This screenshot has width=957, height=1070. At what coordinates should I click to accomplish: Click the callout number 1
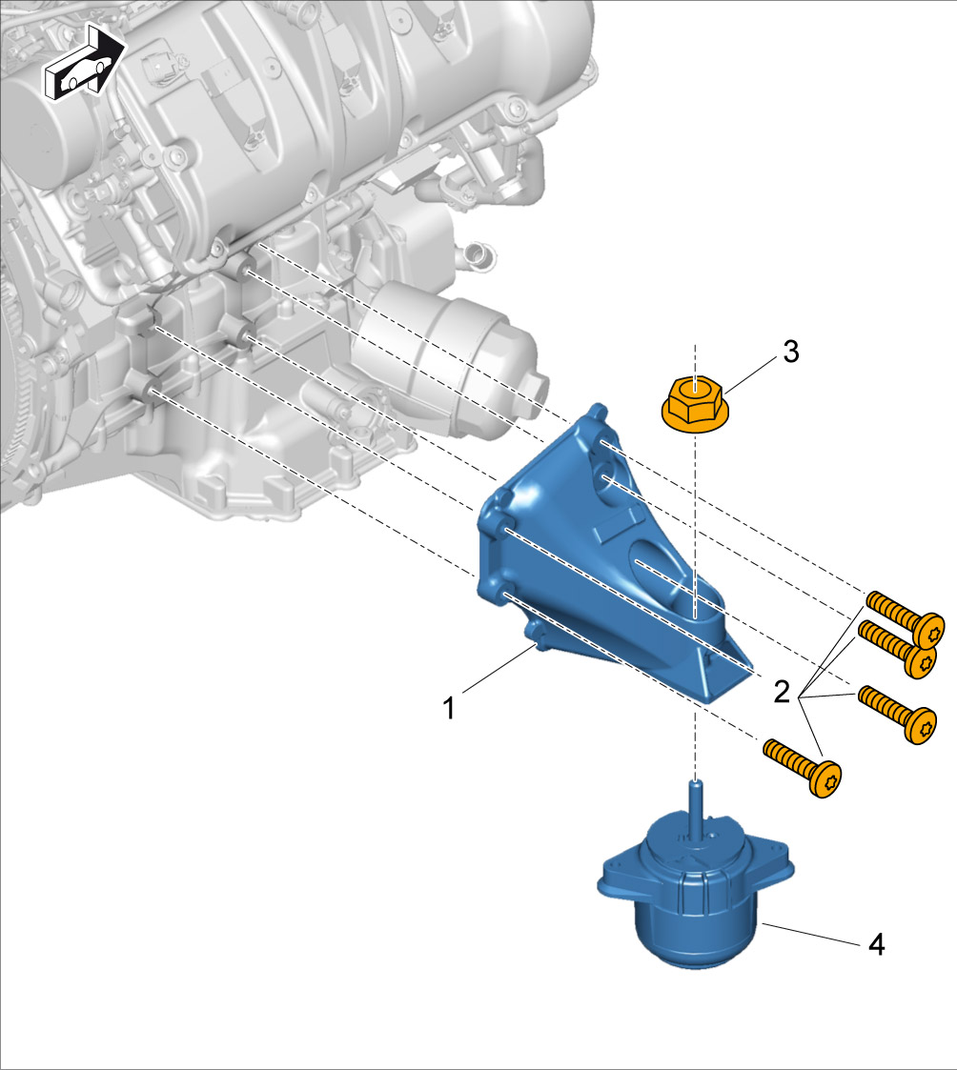(x=448, y=708)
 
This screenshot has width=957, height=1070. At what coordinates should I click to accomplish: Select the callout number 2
(x=782, y=693)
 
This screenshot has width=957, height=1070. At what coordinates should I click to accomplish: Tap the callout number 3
(x=790, y=353)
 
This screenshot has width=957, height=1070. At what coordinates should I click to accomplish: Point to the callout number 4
(x=876, y=945)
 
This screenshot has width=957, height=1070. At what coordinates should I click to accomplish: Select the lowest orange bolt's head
(x=826, y=778)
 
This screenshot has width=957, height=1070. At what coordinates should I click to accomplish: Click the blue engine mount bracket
(x=601, y=559)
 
